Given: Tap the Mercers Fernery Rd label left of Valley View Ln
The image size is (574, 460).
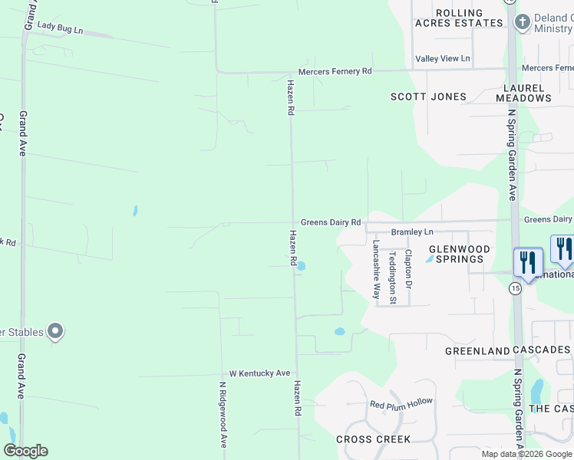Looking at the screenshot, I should click(x=335, y=71).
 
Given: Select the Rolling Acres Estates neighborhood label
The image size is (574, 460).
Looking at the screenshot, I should click(x=459, y=18).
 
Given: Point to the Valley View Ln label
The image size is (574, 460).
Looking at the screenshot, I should click(x=442, y=59).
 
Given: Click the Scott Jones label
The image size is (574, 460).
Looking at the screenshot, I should click(x=428, y=97).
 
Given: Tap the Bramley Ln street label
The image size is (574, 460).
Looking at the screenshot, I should click(x=412, y=232).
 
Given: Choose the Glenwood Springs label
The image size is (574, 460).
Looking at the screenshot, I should click(x=459, y=254).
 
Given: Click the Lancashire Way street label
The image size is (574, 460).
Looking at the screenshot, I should click(x=377, y=269).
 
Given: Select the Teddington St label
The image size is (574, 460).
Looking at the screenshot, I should click(x=392, y=278).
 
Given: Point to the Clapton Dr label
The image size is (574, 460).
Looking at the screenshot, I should click(x=408, y=269).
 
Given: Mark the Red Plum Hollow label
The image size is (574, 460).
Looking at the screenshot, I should click(x=401, y=403).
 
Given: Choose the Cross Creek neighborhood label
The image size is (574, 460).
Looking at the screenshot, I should click(x=373, y=439).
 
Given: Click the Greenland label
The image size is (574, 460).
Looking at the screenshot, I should click(x=478, y=351).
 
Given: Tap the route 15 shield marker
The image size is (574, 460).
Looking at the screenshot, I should click(x=514, y=287).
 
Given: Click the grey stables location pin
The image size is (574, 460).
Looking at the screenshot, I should click(x=54, y=332).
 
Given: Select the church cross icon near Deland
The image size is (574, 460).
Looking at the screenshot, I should click(x=523, y=22).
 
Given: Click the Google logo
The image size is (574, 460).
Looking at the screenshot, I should click(x=25, y=451).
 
